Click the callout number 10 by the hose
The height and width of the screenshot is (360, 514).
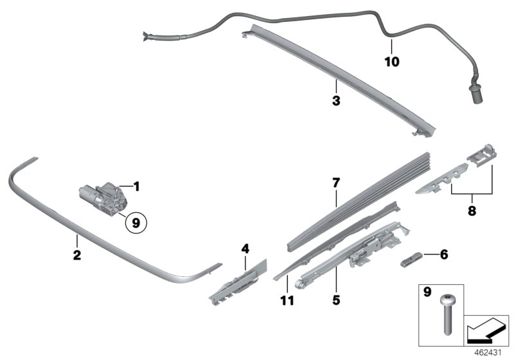(x=391, y=62)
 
